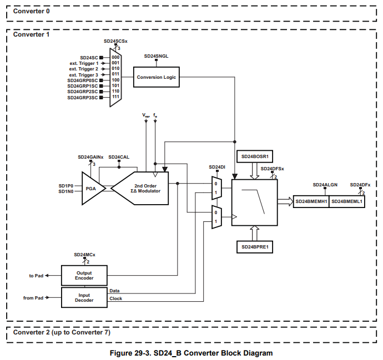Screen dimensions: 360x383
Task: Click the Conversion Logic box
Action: click(157, 77)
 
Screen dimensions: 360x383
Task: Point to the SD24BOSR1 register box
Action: click(255, 157)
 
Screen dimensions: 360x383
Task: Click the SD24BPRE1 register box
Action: click(255, 247)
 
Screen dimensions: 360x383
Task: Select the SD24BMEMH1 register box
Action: click(311, 201)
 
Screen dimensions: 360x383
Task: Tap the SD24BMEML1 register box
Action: click(347, 201)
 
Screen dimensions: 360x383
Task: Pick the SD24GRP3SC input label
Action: click(82, 98)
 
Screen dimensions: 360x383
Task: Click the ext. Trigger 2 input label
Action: click(83, 69)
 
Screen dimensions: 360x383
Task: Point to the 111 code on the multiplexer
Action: click(115, 98)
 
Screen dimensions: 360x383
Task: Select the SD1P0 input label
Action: click(66, 185)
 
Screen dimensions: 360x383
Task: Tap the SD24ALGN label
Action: click(325, 184)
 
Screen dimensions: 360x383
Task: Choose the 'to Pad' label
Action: click(36, 276)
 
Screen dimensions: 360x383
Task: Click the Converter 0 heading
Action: click(31, 11)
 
